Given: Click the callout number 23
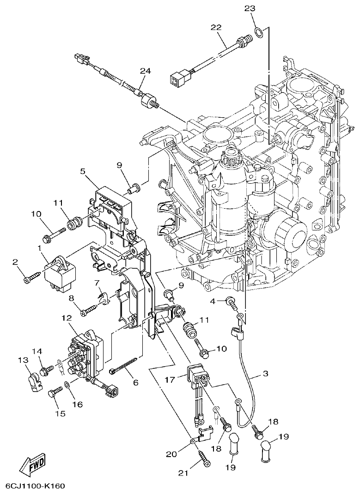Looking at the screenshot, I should coord(249,9).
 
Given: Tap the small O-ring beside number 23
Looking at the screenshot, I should coord(260,33).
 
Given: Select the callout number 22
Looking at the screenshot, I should coord(216,27).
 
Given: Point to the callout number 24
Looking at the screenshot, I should coord(146,70).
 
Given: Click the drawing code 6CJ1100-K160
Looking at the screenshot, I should coord(35,486).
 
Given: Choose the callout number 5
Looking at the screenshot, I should coord(82,171).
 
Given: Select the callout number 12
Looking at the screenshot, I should coord(66,318).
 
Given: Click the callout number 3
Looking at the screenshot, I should coord(265,373).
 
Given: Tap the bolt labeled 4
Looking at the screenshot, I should coord(231,303).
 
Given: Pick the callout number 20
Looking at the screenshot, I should coord(171,454).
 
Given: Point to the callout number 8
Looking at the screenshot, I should coord(72,299).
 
